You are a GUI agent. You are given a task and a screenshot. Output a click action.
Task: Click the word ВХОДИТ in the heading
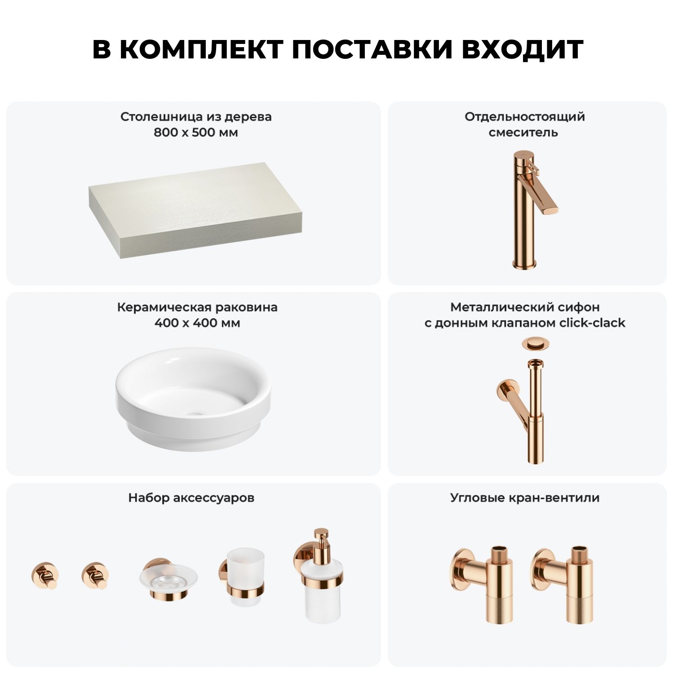coord(523,49)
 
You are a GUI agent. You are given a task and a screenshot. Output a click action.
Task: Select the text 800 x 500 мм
coord(196,133)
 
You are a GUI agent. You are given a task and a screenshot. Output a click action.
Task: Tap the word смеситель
coord(523,133)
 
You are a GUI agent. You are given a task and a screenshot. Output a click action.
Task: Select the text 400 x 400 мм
coord(197,323)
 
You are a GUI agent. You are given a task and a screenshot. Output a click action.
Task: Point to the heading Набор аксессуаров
coord(191,498)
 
